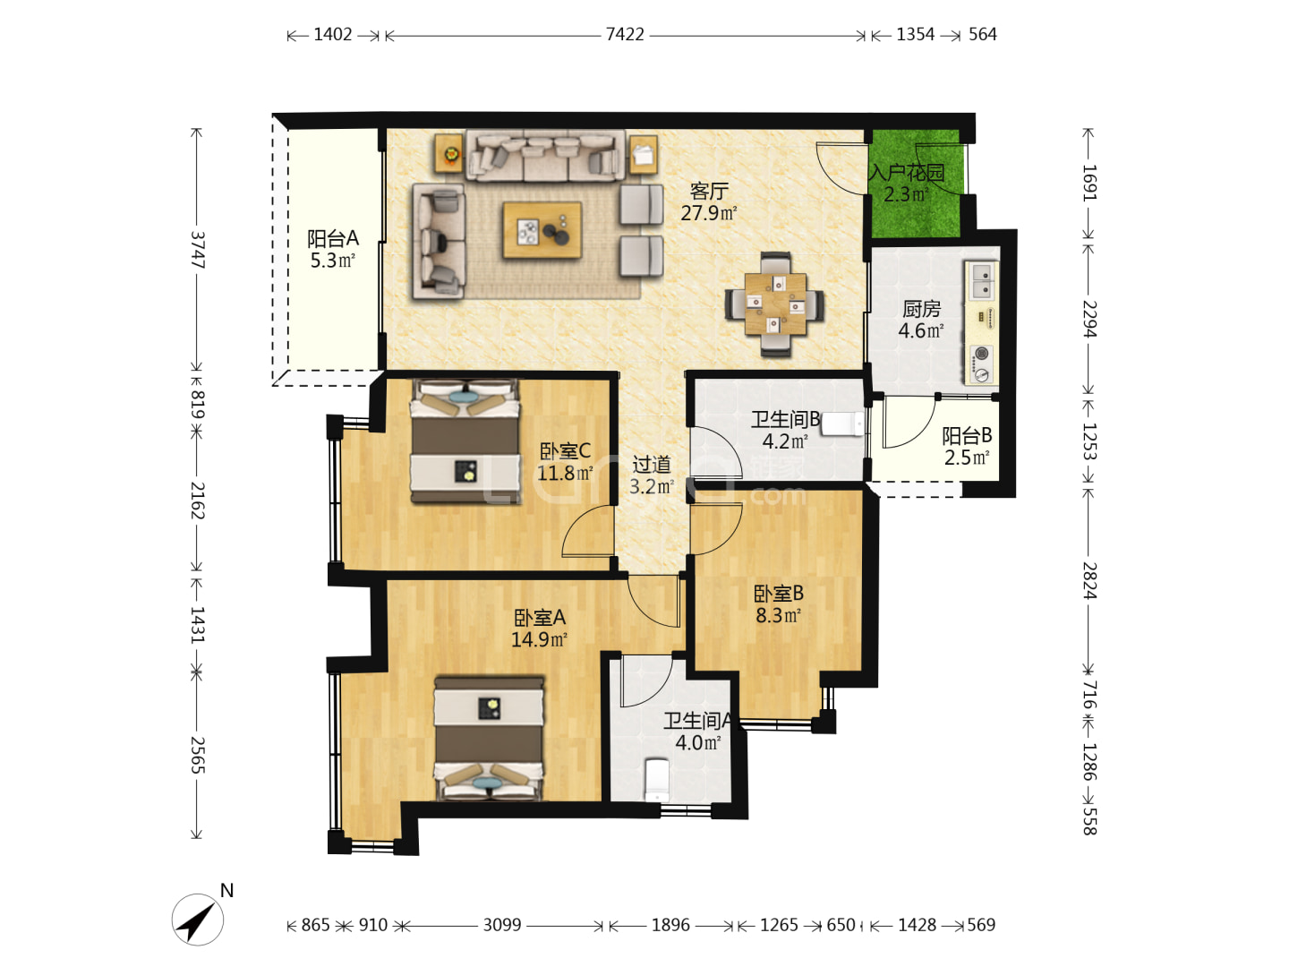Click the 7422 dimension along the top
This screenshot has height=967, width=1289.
[625, 35]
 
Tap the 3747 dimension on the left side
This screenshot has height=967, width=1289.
[198, 250]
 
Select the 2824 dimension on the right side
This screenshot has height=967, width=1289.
[1089, 580]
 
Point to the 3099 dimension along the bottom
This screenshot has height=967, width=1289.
[502, 925]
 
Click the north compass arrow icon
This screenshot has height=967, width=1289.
[197, 920]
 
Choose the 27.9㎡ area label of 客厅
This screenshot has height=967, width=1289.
[709, 212]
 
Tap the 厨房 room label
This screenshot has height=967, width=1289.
[921, 308]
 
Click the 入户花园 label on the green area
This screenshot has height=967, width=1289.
[906, 173]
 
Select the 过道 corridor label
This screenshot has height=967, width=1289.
[652, 465]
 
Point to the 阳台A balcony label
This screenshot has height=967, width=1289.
[333, 238]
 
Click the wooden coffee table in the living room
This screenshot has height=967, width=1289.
[542, 230]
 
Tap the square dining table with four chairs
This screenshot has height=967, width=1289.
[775, 304]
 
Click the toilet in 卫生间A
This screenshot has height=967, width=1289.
[656, 781]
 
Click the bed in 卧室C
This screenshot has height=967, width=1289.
[465, 441]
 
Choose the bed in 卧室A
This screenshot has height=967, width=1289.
[489, 739]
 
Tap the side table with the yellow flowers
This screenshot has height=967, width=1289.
[449, 154]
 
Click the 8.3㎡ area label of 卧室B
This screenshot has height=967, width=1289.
[779, 615]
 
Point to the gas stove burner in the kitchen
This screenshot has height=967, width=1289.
[981, 354]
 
